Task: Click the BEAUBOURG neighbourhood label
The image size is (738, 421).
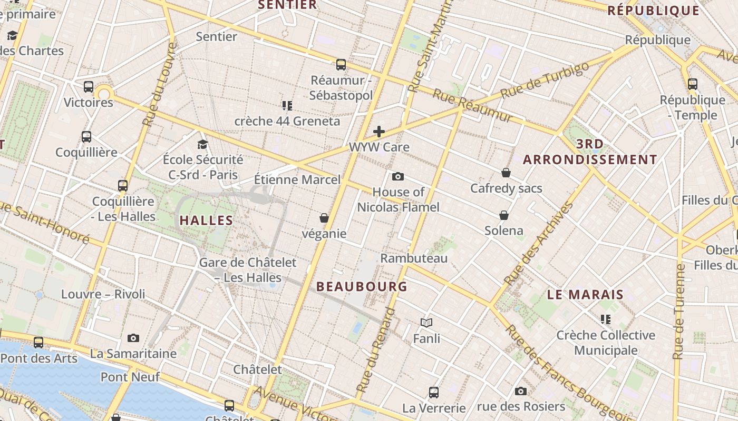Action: tap(362, 287)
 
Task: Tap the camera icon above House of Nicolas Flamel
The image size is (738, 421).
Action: tap(398, 176)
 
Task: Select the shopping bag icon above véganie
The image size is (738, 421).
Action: tap(324, 218)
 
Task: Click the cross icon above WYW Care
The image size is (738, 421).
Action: tap(378, 132)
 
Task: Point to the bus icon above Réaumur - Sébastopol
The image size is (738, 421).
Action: tap(341, 65)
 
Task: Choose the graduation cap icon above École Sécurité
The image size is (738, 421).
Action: tap(202, 144)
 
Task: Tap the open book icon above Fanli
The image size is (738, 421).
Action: tap(426, 323)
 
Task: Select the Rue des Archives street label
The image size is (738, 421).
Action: tap(539, 244)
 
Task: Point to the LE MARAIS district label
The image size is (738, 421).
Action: tap(585, 295)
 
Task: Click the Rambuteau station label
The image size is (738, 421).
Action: tap(414, 258)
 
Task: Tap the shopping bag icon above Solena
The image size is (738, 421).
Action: tap(504, 215)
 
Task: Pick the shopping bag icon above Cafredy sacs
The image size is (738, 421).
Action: tap(506, 173)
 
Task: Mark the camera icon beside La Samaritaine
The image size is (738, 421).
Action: tap(133, 338)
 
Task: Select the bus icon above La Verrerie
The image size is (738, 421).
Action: tap(434, 392)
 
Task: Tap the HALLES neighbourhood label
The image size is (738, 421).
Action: tap(206, 220)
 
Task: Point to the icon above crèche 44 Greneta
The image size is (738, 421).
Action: tap(287, 106)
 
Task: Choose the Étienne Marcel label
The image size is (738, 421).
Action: tap(297, 179)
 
